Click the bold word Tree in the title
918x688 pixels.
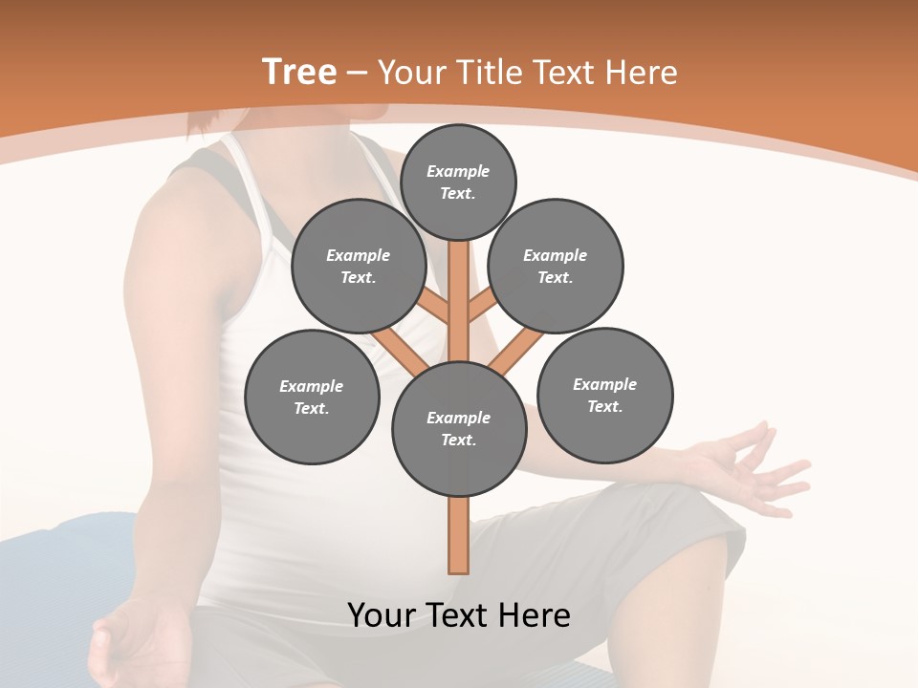coord(299,72)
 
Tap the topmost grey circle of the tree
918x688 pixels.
coord(458,182)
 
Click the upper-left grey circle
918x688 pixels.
coord(358,266)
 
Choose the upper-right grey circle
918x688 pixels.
coord(556,266)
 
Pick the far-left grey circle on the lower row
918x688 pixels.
coord(312,397)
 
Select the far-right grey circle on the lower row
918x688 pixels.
coord(604,395)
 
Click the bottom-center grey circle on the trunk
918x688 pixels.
coord(459,428)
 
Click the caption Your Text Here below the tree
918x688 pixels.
coord(459,615)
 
